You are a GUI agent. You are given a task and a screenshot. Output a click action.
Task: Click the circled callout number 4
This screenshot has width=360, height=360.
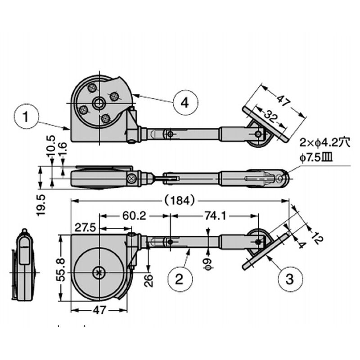click(184, 103)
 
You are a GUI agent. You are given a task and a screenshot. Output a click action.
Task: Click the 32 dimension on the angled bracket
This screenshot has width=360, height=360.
click(270, 117)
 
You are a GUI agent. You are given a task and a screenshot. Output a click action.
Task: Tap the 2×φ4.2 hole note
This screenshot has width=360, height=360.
click(324, 144)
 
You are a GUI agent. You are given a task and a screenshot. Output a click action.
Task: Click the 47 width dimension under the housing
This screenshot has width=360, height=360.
click(100, 310)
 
